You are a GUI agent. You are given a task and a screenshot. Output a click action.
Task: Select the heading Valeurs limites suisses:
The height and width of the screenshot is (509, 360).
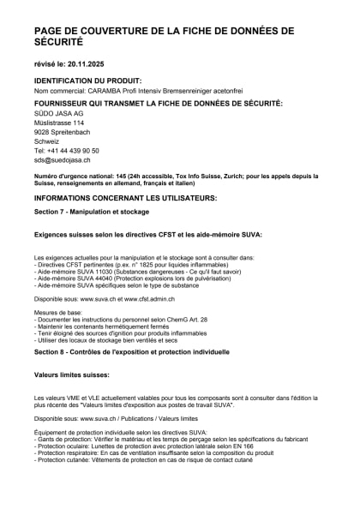tap(72, 375)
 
